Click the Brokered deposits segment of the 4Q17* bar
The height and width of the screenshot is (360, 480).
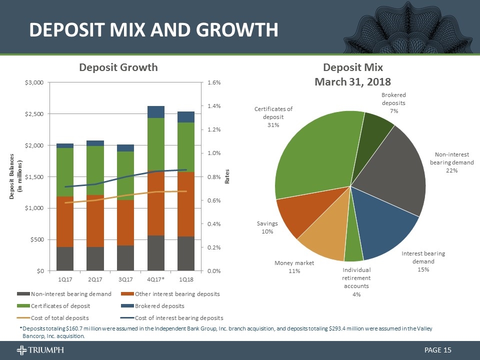pos(156,112)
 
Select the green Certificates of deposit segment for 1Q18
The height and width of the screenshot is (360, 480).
pos(186,147)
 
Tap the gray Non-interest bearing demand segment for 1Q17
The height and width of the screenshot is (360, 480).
pos(65,258)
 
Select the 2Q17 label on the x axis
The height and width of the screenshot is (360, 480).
pos(95,278)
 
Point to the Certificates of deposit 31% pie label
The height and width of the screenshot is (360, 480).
pos(273,116)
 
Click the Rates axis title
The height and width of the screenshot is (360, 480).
pos(227,176)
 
